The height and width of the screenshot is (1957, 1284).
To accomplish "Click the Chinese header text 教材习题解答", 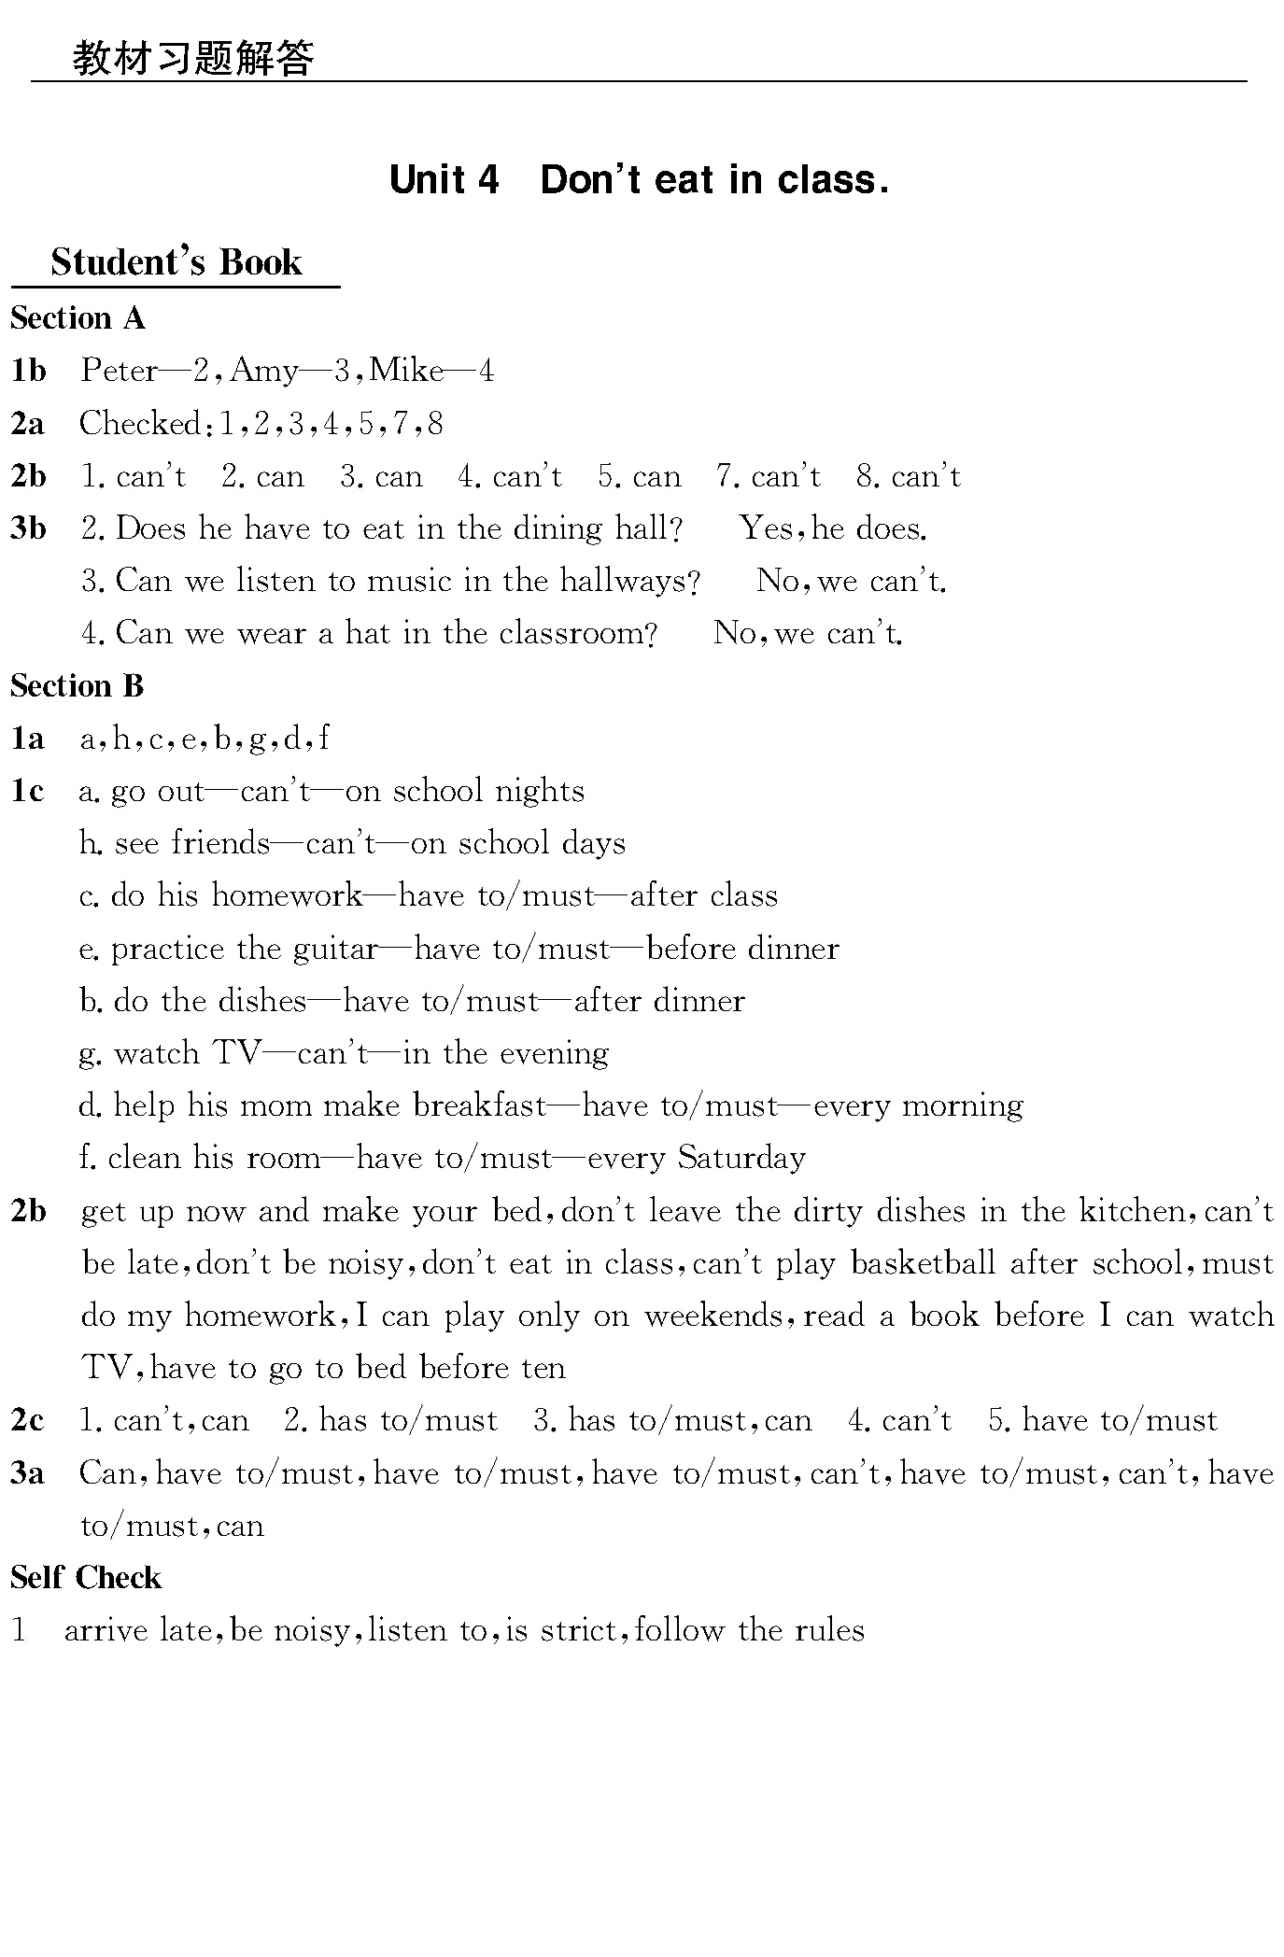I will pyautogui.click(x=193, y=58).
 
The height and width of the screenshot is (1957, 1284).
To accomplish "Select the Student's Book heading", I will pyautogui.click(x=176, y=262).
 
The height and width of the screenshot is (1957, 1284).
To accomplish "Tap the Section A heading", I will pyautogui.click(x=78, y=318).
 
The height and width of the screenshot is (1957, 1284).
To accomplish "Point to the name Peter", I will pyautogui.click(x=120, y=371).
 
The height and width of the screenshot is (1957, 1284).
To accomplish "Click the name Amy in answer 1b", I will pyautogui.click(x=264, y=371).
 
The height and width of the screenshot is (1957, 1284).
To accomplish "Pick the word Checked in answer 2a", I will pyautogui.click(x=140, y=423).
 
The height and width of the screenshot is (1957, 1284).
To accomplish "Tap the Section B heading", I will pyautogui.click(x=77, y=686).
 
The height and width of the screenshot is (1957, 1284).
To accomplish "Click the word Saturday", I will pyautogui.click(x=741, y=1158).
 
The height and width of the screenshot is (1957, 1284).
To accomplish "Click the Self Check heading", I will pyautogui.click(x=86, y=1578).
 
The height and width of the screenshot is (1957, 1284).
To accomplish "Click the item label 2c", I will pyautogui.click(x=27, y=1421).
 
